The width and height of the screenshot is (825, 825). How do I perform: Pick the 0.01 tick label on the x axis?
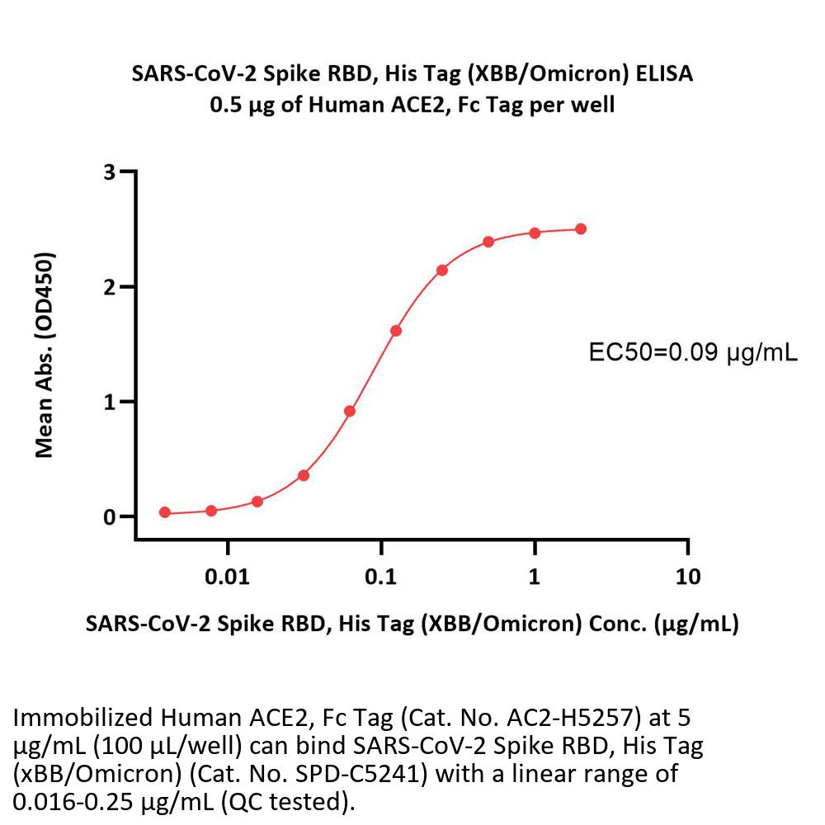228,576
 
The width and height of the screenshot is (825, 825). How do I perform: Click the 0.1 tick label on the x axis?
381,576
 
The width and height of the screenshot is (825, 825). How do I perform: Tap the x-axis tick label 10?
687,576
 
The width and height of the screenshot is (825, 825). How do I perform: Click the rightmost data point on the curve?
581,229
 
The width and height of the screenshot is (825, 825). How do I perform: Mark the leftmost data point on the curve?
165,512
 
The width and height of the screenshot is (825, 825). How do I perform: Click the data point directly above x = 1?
535,233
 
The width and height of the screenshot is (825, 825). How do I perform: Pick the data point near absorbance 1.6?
396,331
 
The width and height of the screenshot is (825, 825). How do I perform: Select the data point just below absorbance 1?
350,411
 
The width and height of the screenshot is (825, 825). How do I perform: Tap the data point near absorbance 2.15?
442,270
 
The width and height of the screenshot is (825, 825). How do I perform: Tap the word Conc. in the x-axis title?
611,624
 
